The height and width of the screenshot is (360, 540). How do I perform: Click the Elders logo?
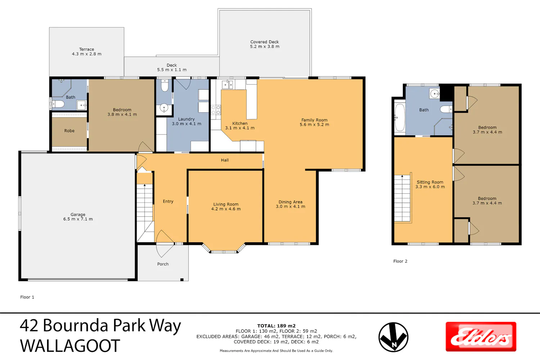pyautogui.click(x=481, y=337)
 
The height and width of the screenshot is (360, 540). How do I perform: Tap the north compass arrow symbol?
pyautogui.click(x=393, y=337)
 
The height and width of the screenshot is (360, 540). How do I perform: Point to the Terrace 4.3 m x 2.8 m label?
pyautogui.click(x=86, y=51)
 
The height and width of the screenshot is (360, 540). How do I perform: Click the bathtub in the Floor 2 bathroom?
pyautogui.click(x=400, y=117)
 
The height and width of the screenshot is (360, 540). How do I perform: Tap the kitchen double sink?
pyautogui.click(x=227, y=85)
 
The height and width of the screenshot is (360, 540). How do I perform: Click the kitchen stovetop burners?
pyautogui.click(x=216, y=110)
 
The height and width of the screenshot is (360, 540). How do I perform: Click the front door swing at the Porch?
pyautogui.click(x=165, y=243)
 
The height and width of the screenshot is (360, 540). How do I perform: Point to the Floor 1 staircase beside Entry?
pyautogui.click(x=145, y=207)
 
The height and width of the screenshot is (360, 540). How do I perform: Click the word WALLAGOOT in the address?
pyautogui.click(x=70, y=346)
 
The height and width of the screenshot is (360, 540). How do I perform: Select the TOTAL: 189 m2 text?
pyautogui.click(x=276, y=326)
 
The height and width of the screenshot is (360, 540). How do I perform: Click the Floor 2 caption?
pyautogui.click(x=400, y=261)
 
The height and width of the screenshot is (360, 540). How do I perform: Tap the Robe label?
pyautogui.click(x=69, y=131)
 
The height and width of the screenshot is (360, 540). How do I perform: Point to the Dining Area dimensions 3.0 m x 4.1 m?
pyautogui.click(x=291, y=206)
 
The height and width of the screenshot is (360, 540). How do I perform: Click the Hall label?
pyautogui.click(x=225, y=160)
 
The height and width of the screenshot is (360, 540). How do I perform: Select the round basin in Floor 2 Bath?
pyautogui.click(x=435, y=94)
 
